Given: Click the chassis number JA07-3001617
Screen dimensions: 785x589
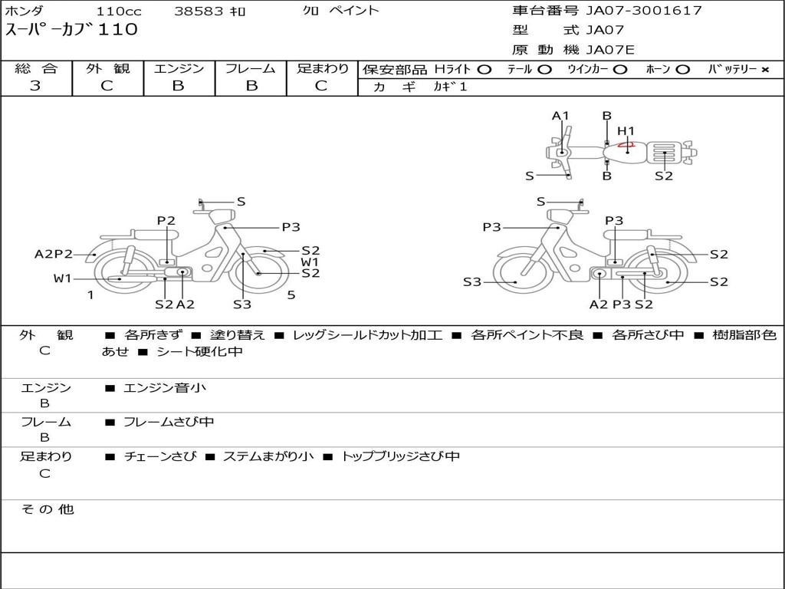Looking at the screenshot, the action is [644, 10].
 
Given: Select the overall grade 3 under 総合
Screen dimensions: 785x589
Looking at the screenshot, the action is [35, 86].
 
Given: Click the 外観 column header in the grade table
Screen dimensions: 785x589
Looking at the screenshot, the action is [107, 68].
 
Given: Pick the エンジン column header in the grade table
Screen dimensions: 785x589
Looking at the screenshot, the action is [179, 68].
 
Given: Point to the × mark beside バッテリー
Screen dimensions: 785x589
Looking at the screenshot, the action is [765, 70].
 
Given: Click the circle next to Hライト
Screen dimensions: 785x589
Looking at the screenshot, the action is [484, 70].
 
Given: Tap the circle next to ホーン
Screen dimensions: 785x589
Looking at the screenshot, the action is [682, 70].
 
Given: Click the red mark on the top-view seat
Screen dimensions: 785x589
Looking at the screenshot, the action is [626, 145].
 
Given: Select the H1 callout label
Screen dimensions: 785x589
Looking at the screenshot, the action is [626, 131].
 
